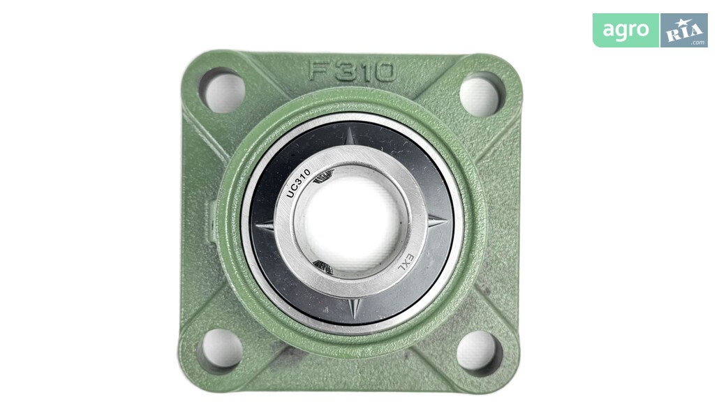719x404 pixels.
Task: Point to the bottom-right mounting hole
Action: click(x=479, y=352)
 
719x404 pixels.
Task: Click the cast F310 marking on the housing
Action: click(x=352, y=72)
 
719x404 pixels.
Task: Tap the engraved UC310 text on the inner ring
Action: click(x=299, y=183)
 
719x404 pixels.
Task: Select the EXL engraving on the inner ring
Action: click(x=405, y=264)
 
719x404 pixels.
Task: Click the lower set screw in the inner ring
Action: click(x=323, y=267)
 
